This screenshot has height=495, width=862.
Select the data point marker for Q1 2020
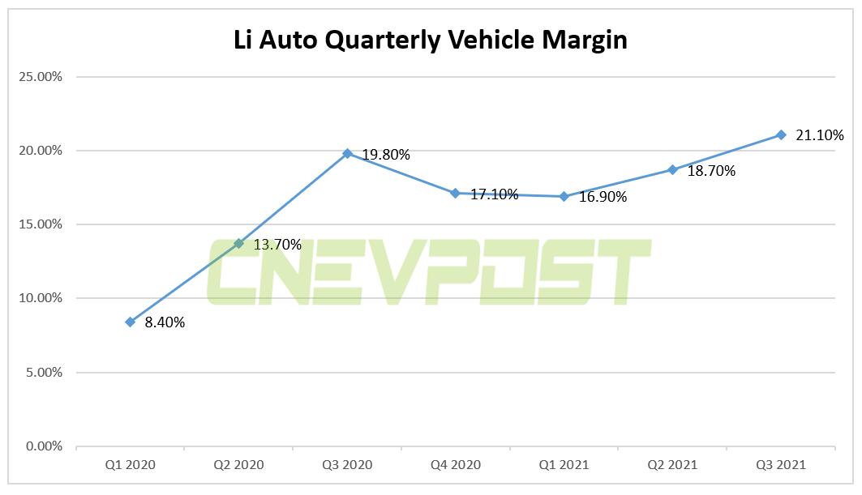(130, 322)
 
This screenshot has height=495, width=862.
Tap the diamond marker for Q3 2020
(347, 153)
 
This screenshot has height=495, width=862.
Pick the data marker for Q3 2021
(781, 134)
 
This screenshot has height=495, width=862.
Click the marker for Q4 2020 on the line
(455, 193)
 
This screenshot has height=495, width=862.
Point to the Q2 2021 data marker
(672, 169)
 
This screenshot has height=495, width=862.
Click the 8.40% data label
(165, 322)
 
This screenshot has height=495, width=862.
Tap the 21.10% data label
(819, 135)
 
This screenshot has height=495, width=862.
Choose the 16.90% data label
(603, 197)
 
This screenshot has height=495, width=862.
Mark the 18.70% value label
(710, 171)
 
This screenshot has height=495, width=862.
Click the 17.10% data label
(494, 194)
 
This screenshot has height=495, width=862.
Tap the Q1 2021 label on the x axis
(564, 464)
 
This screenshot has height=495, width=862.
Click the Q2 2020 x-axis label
(238, 464)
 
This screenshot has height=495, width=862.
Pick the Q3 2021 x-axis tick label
(781, 464)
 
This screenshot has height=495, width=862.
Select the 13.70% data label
(277, 245)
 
